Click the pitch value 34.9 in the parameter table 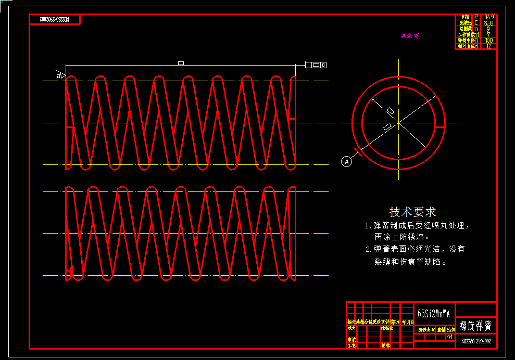(489, 17)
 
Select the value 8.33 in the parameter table (489, 23)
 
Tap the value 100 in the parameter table (489, 40)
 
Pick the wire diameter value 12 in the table (489, 46)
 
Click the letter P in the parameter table (475, 17)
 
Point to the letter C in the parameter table (475, 23)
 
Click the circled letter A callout (347, 161)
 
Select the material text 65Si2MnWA (433, 314)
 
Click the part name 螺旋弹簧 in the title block (476, 326)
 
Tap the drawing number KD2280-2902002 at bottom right (476, 341)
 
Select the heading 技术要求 (412, 212)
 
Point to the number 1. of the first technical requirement (368, 226)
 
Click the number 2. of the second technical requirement (368, 249)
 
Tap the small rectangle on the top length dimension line (181, 63)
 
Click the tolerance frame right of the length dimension (316, 65)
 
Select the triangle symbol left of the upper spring (60, 75)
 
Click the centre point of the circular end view (398, 123)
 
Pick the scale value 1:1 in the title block (450, 337)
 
